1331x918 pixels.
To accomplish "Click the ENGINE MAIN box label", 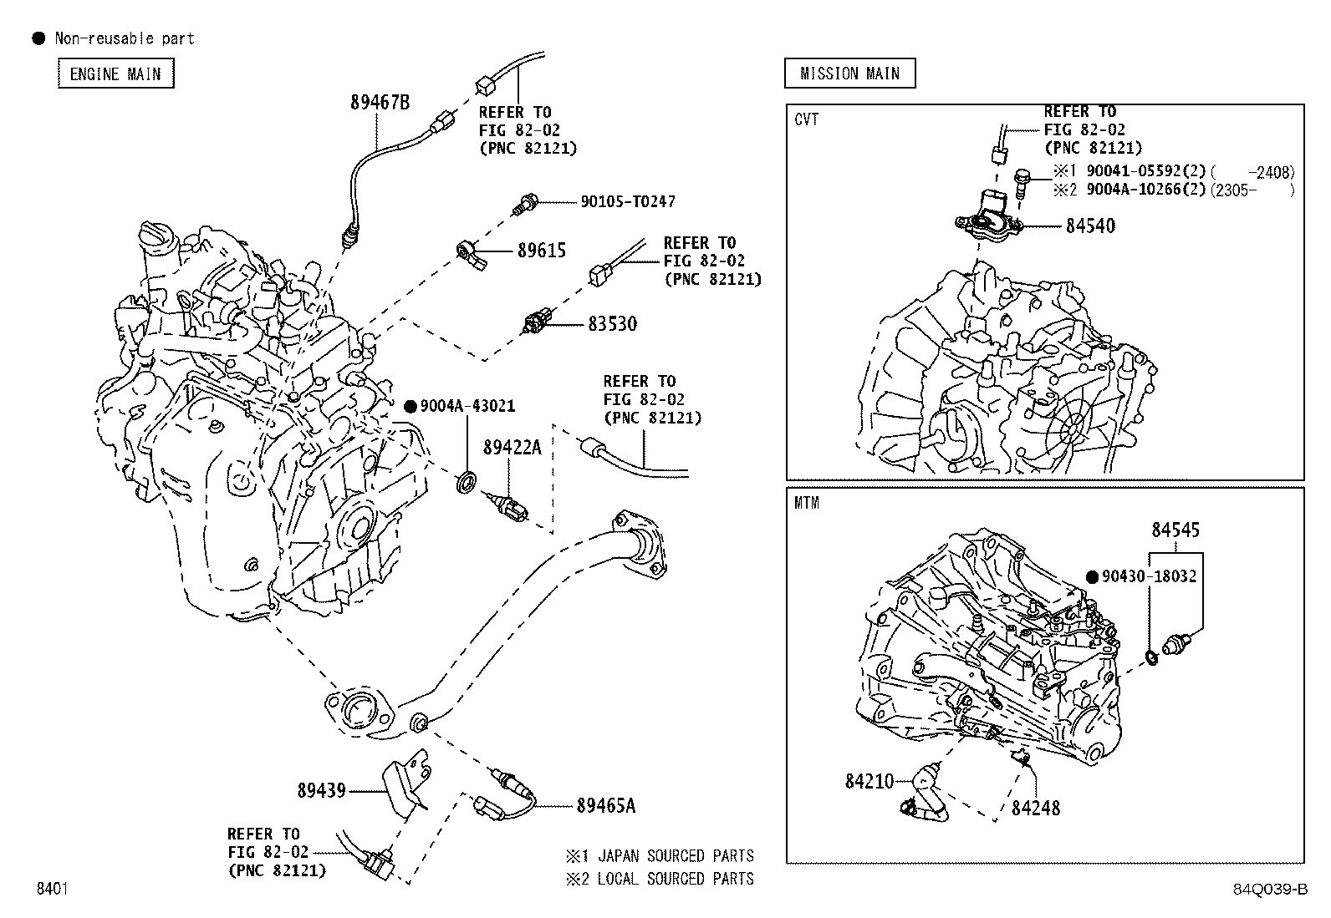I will pos(115,74).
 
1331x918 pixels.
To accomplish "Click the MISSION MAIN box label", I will pos(849,74).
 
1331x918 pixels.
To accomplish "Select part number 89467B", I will pos(380,103).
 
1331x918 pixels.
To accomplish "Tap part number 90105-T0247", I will pos(628,201).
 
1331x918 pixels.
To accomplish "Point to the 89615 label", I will pos(541,250).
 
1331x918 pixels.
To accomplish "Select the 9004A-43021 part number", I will pos(467,406).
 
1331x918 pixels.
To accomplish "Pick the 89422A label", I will pos(512,447).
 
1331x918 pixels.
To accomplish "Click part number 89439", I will pos(321,789).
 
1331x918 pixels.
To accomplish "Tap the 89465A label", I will pos(605,805).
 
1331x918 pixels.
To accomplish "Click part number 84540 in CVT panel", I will pos(1089,226).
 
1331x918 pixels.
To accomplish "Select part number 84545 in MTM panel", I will pos(1175,530).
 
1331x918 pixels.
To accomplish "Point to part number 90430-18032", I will pos(1149,576).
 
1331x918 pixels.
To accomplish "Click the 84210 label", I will pos(869,781).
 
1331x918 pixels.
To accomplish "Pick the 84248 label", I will pos(1035,808).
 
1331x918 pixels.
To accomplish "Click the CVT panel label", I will pos(807,119).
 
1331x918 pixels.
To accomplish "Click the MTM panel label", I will pos(807,503).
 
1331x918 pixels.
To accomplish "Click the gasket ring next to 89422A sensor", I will pos(467,482).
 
